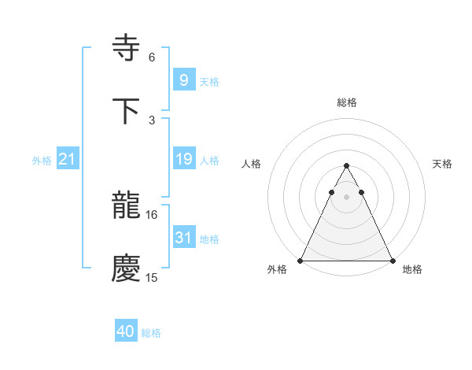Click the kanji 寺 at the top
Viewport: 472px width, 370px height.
point(127,48)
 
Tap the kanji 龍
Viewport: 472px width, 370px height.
point(127,207)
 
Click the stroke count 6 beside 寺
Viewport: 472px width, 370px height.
point(152,57)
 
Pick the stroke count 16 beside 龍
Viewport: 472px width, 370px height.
point(152,214)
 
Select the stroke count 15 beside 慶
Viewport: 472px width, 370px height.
point(152,278)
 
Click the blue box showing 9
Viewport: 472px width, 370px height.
point(183,80)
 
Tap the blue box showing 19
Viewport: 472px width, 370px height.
point(183,159)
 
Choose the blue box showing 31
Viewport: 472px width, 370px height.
point(183,238)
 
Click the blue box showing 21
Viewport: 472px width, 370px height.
point(67,159)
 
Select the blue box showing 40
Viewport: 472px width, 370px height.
point(126,331)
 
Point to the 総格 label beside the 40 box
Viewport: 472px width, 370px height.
point(151,333)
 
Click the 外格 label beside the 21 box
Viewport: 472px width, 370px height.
point(42,161)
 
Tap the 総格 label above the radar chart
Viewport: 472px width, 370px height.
point(346,102)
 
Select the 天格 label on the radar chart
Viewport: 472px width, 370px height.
point(442,164)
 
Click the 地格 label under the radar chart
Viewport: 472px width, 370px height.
point(412,270)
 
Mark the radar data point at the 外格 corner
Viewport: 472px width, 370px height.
point(301,261)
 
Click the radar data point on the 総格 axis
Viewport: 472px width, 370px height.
point(346,166)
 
